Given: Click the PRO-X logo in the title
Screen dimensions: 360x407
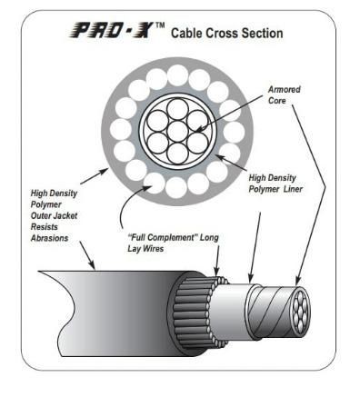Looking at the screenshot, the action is [112, 30].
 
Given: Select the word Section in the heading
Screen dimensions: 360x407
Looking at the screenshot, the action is [263, 33].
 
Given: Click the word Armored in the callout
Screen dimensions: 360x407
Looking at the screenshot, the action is [285, 90].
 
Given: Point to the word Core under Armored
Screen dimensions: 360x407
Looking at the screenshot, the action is [277, 101].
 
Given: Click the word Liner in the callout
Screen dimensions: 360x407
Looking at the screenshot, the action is [293, 189].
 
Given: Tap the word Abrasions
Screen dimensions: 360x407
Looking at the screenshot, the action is [49, 238].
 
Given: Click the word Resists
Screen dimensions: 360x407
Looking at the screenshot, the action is [45, 227].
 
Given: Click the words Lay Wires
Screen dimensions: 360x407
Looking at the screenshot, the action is [145, 249].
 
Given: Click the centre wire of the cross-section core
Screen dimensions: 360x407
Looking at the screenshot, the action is [177, 132].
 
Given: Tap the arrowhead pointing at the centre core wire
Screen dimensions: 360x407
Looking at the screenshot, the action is [198, 129].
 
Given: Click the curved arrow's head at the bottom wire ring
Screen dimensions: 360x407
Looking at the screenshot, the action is [147, 188].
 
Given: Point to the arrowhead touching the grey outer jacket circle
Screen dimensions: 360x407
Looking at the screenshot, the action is [105, 171].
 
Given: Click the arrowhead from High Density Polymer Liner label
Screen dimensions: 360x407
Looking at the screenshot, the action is [219, 157].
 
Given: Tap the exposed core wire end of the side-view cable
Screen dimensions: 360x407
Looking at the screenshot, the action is [300, 312].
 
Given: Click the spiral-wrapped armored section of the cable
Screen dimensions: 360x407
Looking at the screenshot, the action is [270, 312].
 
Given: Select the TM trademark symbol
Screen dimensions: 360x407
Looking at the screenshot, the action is [160, 25].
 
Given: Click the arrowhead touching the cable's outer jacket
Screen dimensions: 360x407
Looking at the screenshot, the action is [92, 265].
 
